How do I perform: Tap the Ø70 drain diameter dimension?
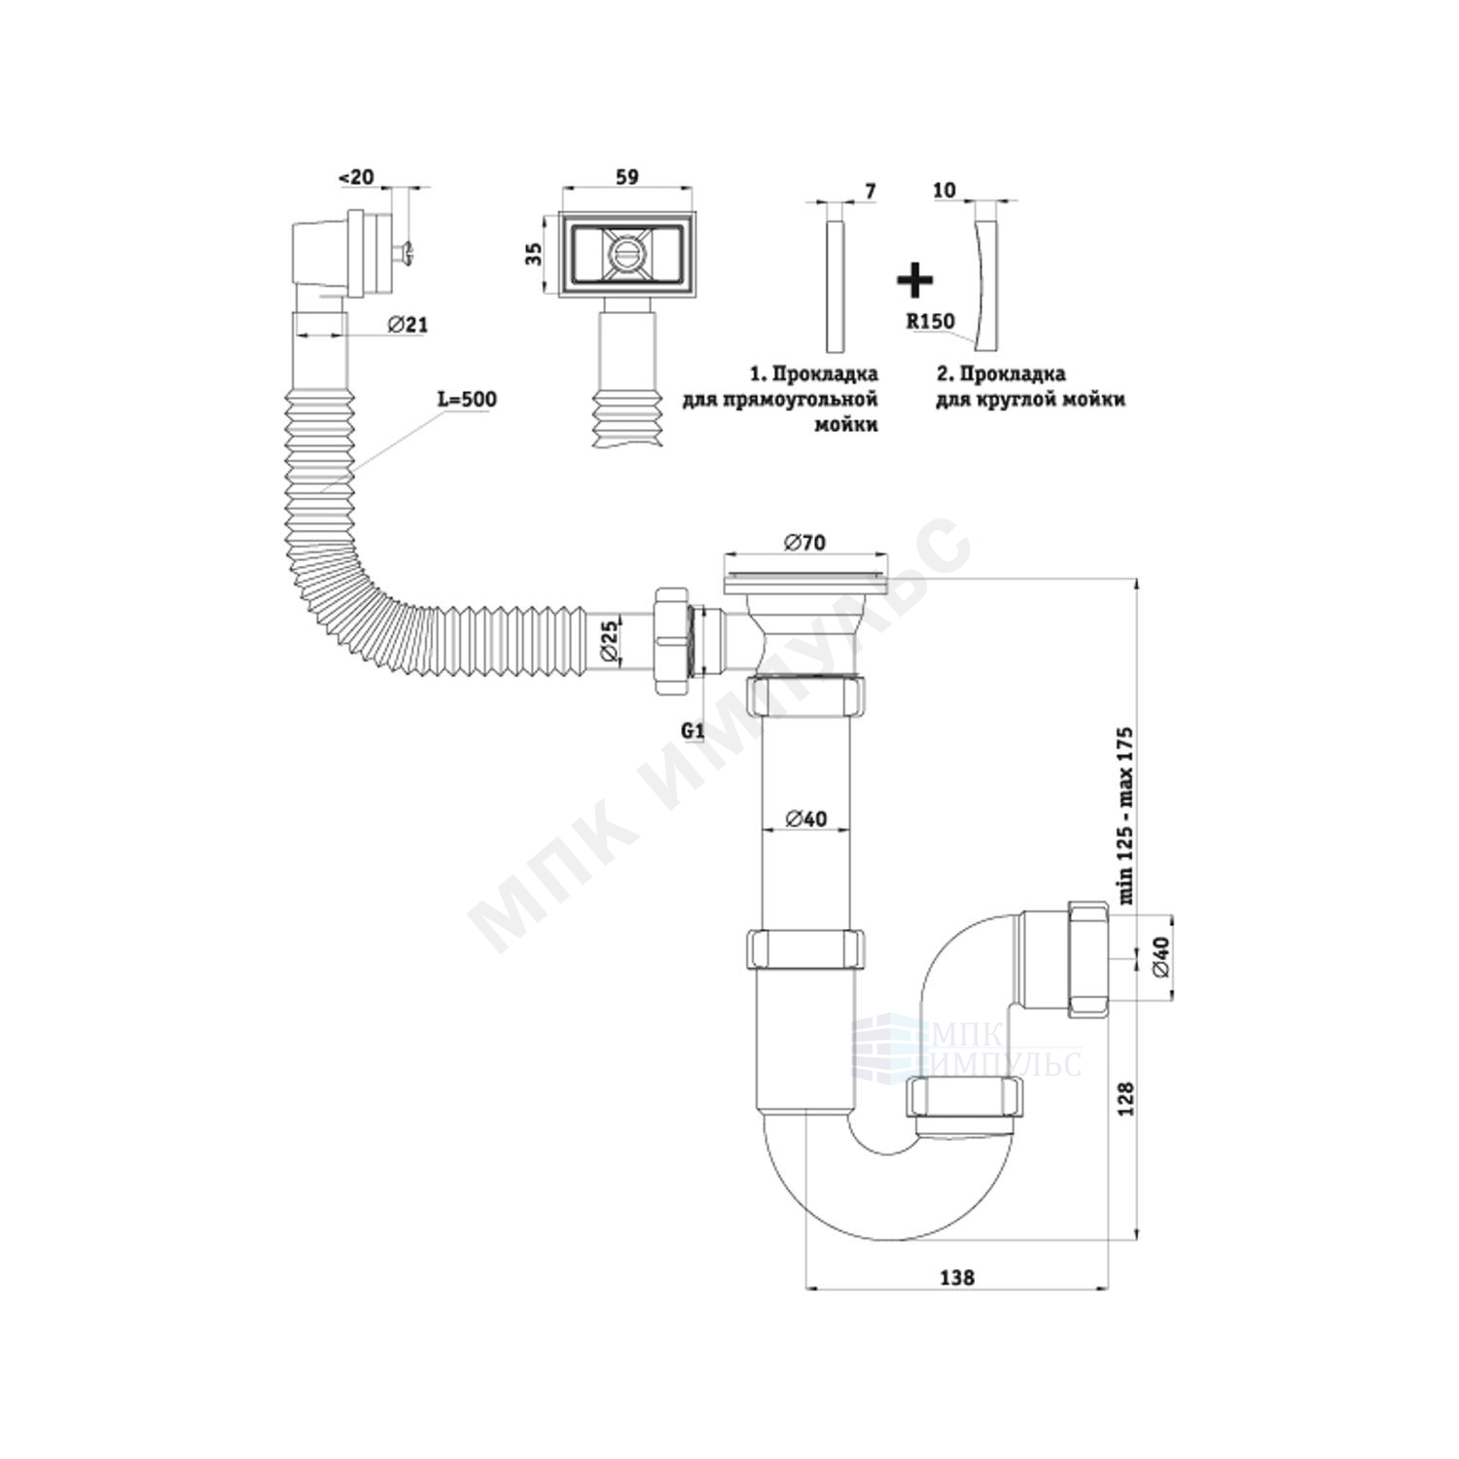[x=803, y=542]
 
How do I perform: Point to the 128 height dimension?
[x=1125, y=1098]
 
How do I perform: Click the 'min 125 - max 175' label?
[x=1126, y=816]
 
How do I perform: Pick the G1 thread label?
[x=693, y=729]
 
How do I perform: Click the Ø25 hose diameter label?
[x=609, y=643]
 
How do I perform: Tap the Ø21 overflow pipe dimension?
[x=408, y=326]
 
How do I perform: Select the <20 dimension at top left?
[x=355, y=178]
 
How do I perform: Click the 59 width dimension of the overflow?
[x=627, y=178]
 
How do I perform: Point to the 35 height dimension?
[x=532, y=255]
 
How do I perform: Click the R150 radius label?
[x=931, y=321]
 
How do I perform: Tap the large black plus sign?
[x=914, y=279]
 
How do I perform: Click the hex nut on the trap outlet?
[x=1088, y=958]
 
